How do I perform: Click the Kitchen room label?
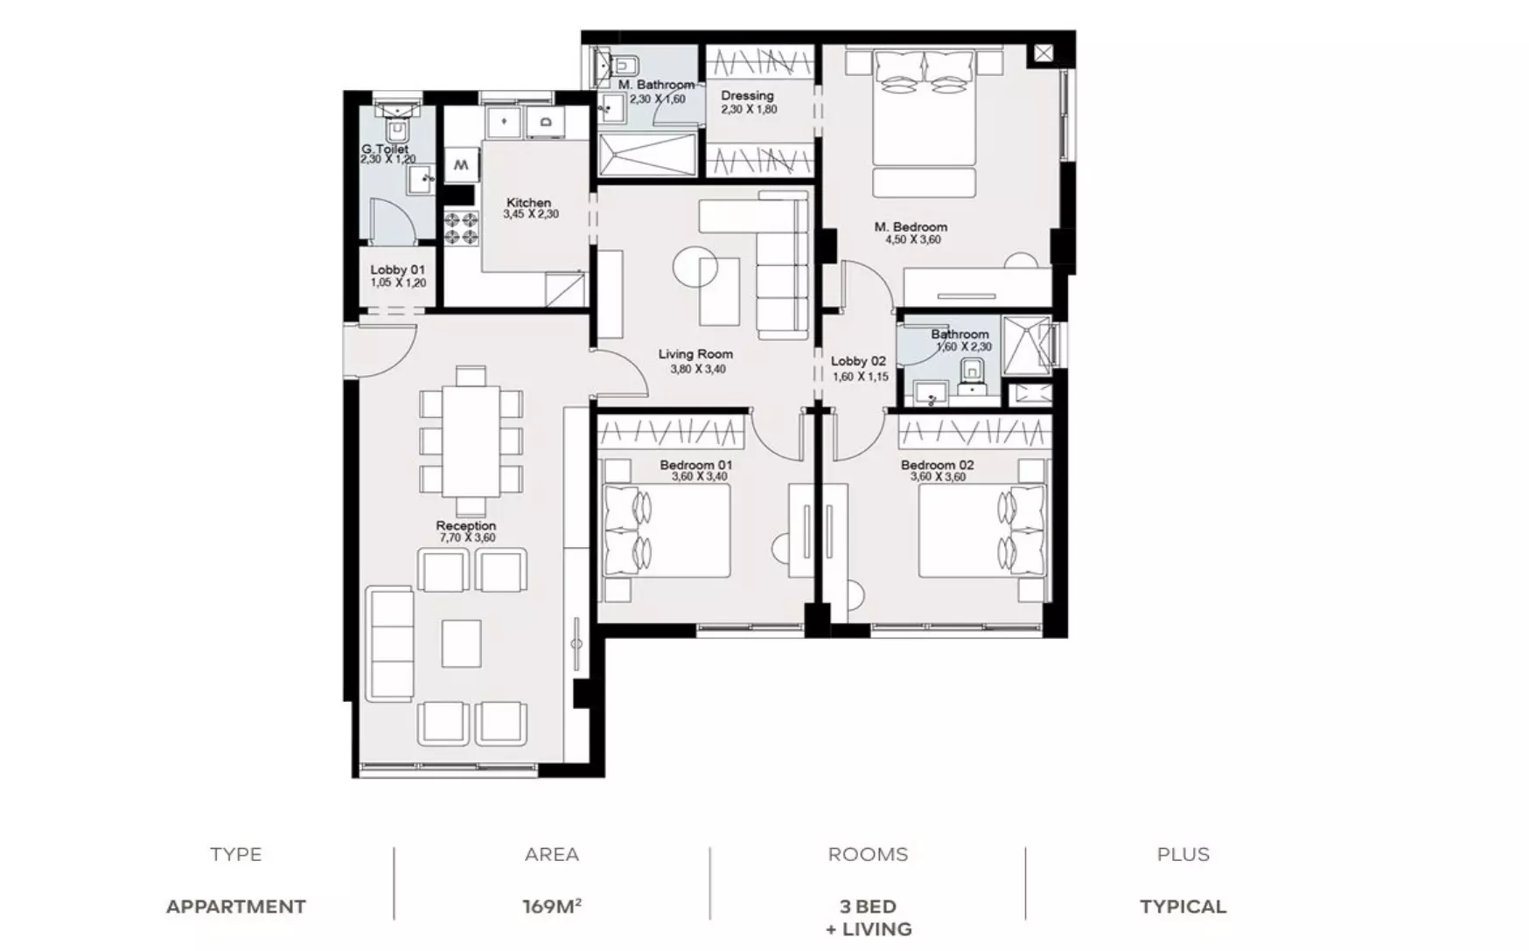(x=528, y=202)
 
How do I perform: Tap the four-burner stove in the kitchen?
(x=460, y=229)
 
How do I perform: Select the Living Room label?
(x=695, y=354)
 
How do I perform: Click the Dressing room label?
(x=747, y=95)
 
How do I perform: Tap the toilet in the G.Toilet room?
(x=398, y=129)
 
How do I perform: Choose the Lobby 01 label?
(x=397, y=269)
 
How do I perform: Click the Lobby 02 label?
(x=858, y=360)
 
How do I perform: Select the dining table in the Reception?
(x=470, y=441)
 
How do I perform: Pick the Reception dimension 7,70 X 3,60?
(x=466, y=538)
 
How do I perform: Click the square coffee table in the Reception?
(x=461, y=643)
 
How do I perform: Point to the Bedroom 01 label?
(x=695, y=465)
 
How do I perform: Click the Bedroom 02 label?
(x=937, y=465)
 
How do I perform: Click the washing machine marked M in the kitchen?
(x=461, y=164)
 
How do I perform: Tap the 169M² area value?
(x=552, y=906)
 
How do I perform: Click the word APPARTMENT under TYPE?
(x=236, y=906)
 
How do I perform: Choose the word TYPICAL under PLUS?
(x=1183, y=906)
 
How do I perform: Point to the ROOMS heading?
(x=868, y=854)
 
